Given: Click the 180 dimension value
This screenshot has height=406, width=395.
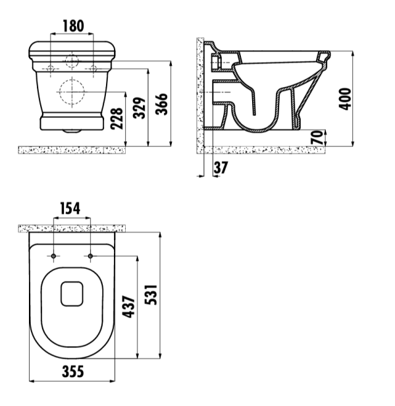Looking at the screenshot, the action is coord(74,26).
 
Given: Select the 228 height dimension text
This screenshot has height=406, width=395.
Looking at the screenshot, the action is coord(117,119).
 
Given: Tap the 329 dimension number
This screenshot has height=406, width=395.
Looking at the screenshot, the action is coord(139,108).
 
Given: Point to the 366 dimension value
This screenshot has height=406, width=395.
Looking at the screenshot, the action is coord(162,104).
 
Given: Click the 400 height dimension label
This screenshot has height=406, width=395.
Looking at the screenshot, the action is coord(346,99).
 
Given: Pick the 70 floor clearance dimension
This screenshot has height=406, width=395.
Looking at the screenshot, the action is coord(317,138).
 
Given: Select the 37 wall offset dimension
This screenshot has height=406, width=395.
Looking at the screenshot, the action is coord(221,167).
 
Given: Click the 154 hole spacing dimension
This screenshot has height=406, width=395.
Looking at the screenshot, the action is coord(70,208).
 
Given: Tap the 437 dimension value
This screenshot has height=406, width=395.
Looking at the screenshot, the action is coord(128,306).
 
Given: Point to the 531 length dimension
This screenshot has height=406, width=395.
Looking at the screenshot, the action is coord(151,295).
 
